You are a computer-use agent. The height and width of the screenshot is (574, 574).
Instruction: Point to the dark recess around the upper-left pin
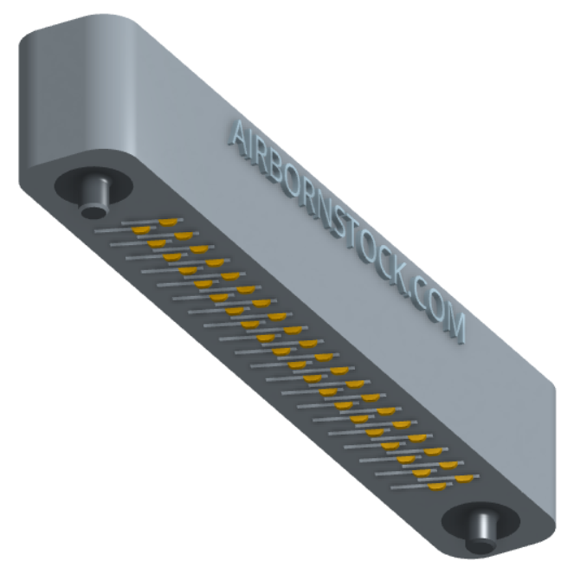[94, 185]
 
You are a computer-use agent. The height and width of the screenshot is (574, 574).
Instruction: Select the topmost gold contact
[168, 223]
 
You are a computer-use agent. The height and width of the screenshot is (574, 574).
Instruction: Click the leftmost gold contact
[141, 230]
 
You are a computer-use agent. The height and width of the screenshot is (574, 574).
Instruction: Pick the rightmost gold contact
[465, 479]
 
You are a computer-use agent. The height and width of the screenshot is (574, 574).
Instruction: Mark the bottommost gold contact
[437, 487]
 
